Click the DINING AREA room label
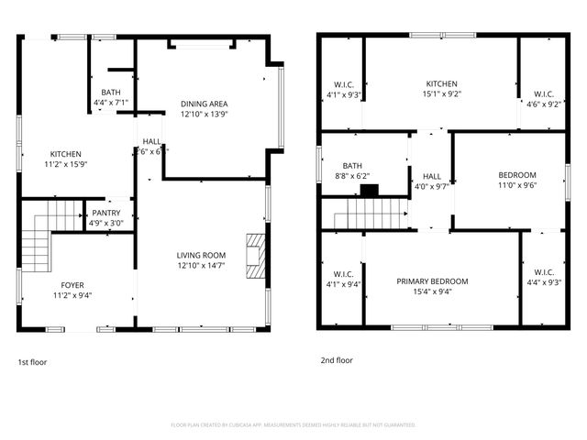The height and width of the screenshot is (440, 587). point(205,104)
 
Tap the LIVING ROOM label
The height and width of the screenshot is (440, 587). point(201,255)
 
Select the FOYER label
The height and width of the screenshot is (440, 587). point(72,284)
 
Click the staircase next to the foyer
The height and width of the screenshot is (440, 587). point(40,233)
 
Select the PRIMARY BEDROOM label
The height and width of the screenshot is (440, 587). point(432,281)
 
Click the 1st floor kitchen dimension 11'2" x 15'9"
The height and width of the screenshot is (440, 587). point(66,165)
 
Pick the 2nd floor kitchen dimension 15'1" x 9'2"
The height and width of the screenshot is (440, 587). point(440,93)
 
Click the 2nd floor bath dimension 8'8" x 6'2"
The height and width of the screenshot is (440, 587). point(351,176)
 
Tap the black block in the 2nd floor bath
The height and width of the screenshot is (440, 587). point(369,191)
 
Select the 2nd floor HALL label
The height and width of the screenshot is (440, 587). point(431,176)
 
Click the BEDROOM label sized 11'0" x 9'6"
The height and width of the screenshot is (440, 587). point(517,174)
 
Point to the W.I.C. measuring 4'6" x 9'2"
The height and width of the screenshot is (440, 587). point(544,93)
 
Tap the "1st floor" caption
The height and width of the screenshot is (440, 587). point(32,361)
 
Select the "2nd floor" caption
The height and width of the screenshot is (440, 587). point(337,360)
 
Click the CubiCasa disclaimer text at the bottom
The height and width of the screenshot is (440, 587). point(293,424)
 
